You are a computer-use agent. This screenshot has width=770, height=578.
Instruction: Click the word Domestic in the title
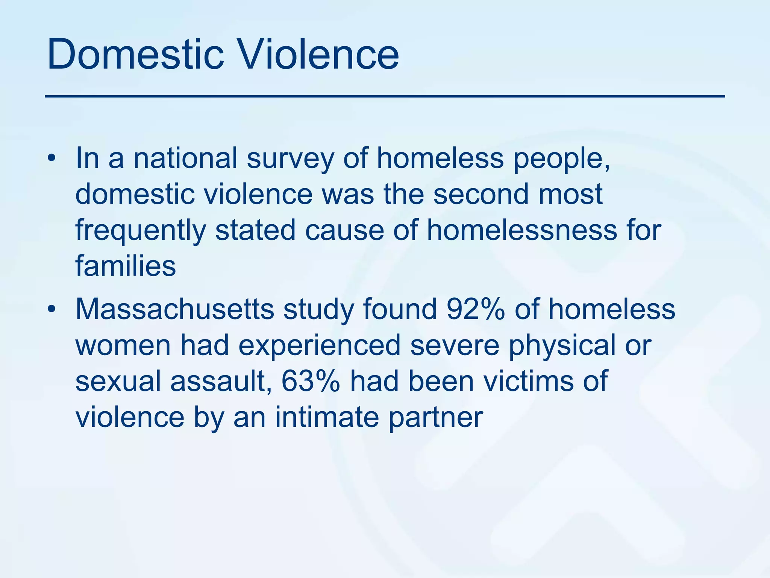[x=136, y=55]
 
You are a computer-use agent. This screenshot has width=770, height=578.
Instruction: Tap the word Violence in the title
[x=320, y=55]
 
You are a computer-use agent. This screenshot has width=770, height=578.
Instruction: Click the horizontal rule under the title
[x=385, y=97]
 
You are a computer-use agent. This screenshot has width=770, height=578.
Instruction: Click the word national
[x=186, y=158]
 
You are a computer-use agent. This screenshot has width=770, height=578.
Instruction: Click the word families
[x=126, y=266]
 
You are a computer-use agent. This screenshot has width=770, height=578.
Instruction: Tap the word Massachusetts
[x=175, y=309]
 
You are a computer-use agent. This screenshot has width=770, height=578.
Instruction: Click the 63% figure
[x=311, y=381]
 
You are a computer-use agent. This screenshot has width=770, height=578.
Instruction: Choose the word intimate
[x=327, y=417]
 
